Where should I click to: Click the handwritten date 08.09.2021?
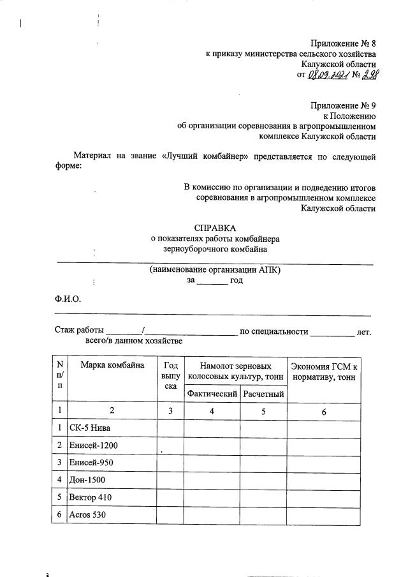(x=327, y=75)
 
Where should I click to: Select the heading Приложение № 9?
(x=343, y=105)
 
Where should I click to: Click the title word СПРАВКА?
(x=214, y=228)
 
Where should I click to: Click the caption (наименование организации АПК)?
(x=215, y=270)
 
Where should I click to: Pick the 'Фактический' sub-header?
(x=212, y=394)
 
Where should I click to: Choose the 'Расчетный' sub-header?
(x=263, y=394)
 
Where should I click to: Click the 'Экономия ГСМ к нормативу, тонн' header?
(x=324, y=371)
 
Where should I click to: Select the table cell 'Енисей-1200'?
(x=95, y=445)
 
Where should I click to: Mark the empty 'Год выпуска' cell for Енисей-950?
(x=170, y=462)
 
